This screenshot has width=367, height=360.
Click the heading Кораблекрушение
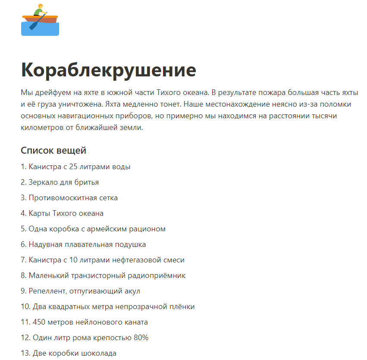click(108, 70)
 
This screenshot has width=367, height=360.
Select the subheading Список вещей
click(53, 151)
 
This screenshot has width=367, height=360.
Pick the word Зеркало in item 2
click(42, 182)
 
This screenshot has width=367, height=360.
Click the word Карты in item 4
click(39, 213)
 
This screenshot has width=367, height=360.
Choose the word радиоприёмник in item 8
click(160, 275)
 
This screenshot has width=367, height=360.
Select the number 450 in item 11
click(40, 322)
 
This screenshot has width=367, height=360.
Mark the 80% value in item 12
click(141, 338)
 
